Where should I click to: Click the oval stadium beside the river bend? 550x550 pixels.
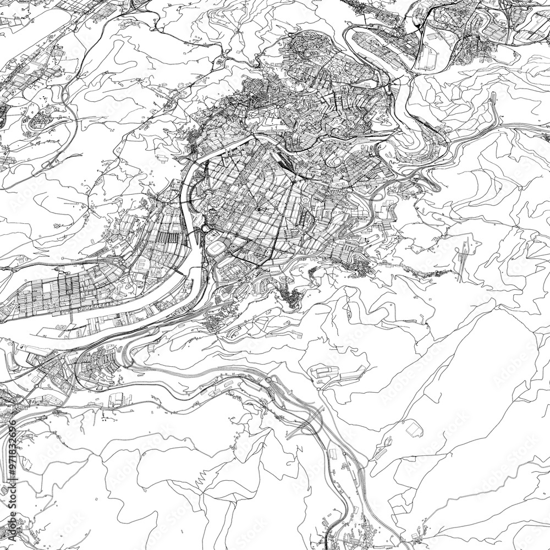(x=215, y=249)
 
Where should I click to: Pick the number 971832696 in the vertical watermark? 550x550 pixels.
(x=12, y=449)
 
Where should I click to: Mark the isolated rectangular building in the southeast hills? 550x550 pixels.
(x=414, y=429)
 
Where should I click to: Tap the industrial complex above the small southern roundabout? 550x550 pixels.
(x=333, y=374)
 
